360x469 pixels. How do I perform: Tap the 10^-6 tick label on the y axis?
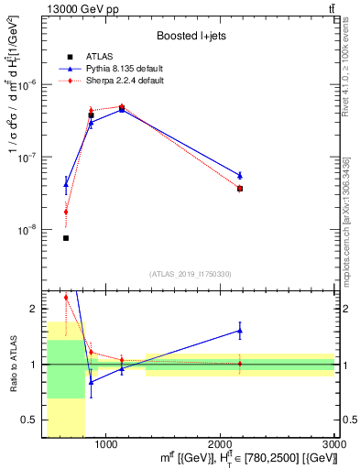[28, 84]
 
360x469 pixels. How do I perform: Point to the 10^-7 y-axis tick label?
[28, 158]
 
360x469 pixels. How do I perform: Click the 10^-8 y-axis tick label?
[28, 231]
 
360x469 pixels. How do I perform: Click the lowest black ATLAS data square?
[66, 238]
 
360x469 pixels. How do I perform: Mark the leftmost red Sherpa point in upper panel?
[66, 212]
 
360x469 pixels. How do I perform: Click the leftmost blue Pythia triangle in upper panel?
[66, 184]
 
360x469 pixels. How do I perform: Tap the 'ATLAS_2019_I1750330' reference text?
[190, 273]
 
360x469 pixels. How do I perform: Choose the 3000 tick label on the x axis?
[334, 444]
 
